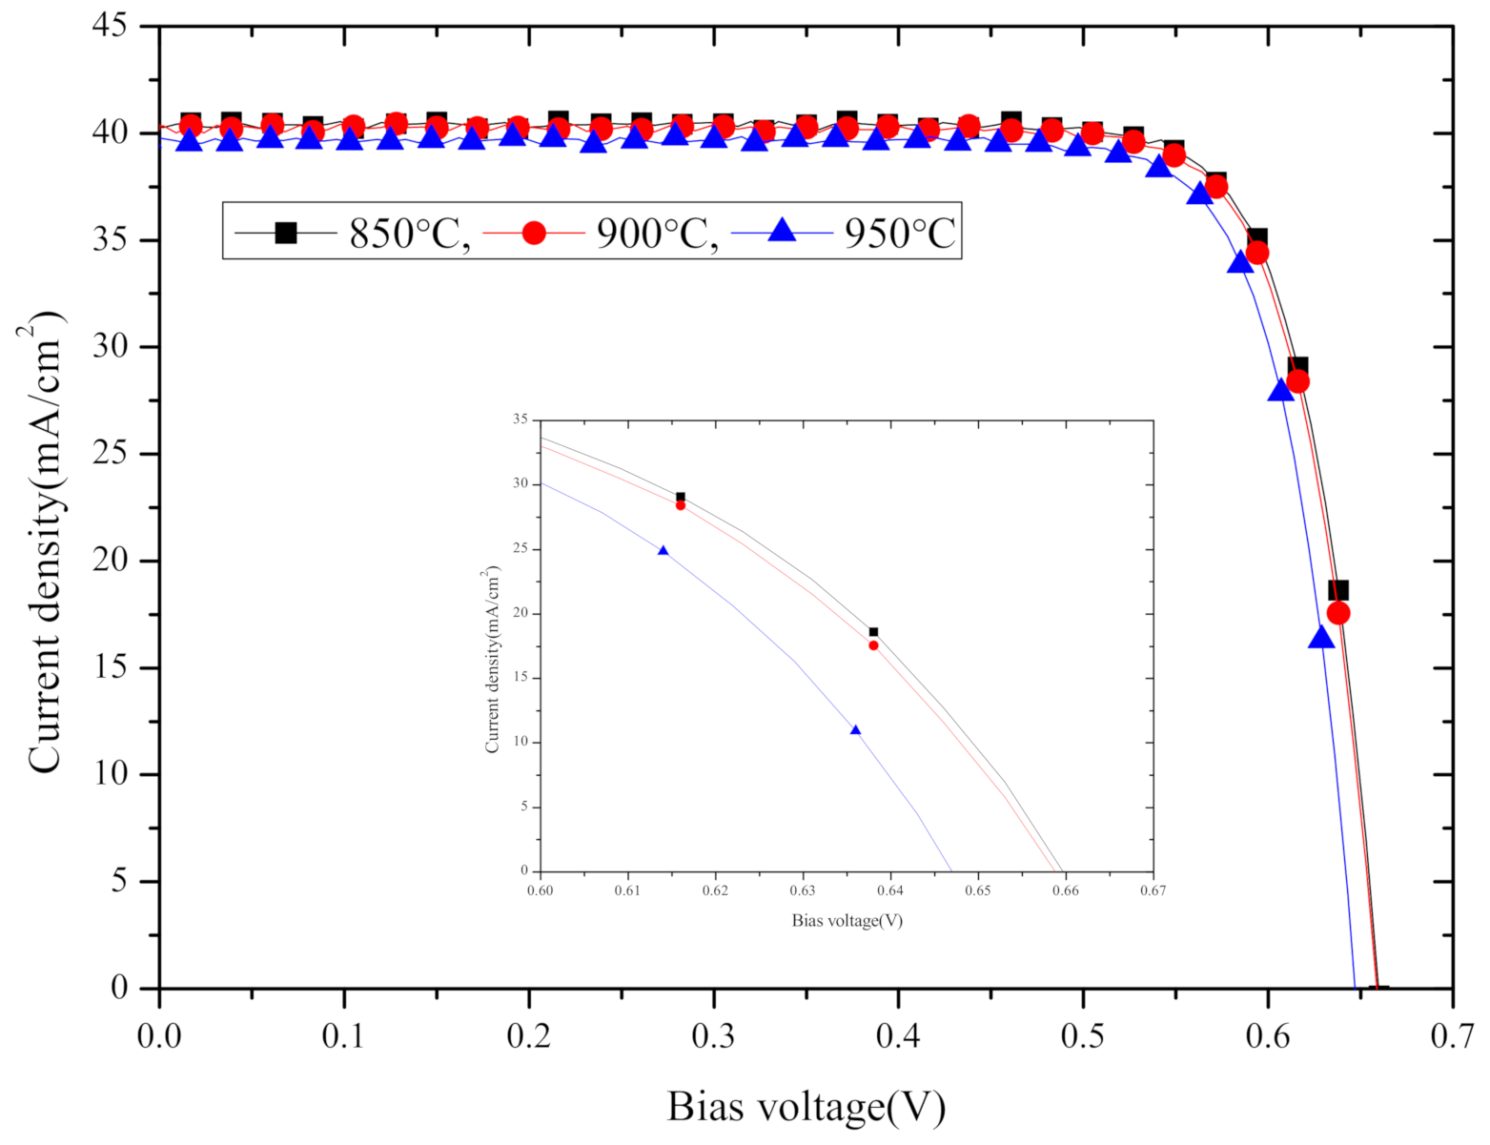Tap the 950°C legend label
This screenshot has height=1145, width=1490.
(x=899, y=232)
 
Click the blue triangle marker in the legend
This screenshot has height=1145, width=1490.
(x=782, y=230)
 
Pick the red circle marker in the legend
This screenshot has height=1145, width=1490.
(x=534, y=232)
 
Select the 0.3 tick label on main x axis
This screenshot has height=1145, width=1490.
(x=713, y=1037)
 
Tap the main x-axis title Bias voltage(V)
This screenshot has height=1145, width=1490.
(x=806, y=1107)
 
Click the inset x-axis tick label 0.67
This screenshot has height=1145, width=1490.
(x=1153, y=890)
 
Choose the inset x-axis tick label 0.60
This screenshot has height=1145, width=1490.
(x=540, y=890)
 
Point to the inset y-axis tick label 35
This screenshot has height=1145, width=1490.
(x=520, y=419)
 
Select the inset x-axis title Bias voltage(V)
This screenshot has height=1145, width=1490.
(x=847, y=920)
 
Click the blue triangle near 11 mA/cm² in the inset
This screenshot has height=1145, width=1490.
(x=855, y=730)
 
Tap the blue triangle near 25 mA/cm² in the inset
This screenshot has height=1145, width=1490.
(x=663, y=551)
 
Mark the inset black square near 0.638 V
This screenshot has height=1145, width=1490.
(x=873, y=632)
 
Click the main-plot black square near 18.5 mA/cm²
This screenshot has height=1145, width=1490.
(x=1338, y=591)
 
